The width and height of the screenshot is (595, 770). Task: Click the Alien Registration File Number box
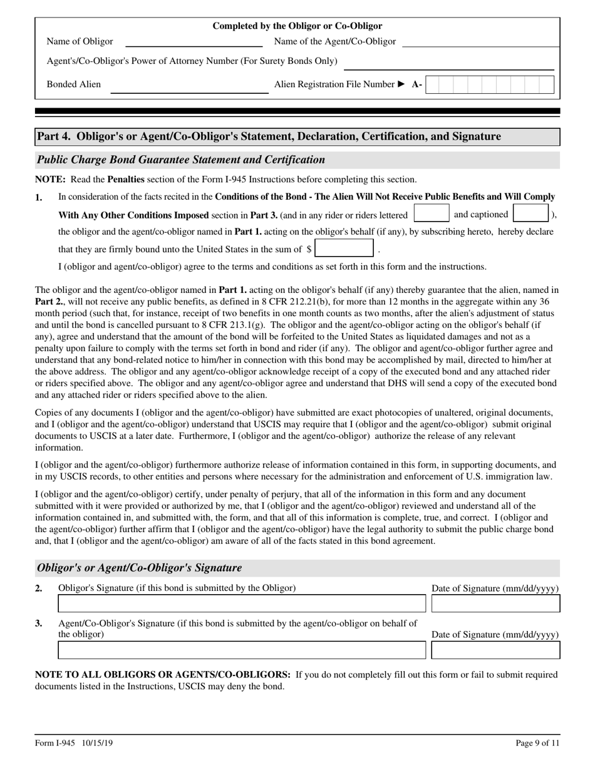(x=490, y=85)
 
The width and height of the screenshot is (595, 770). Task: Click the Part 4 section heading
(x=269, y=136)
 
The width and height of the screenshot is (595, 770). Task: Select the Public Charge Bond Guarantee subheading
(x=182, y=160)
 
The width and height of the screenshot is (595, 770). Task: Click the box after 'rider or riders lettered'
(x=432, y=213)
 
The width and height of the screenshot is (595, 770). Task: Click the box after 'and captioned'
(x=530, y=213)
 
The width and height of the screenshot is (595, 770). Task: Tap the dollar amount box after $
(x=344, y=249)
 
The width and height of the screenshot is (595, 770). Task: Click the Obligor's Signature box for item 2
(x=241, y=603)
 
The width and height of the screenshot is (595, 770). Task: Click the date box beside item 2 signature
(x=495, y=603)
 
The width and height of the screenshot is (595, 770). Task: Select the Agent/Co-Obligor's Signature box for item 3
(x=241, y=650)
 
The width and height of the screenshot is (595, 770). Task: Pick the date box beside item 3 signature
(x=495, y=650)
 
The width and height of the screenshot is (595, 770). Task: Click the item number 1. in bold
(x=39, y=198)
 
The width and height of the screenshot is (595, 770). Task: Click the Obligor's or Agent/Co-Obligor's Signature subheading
(x=140, y=568)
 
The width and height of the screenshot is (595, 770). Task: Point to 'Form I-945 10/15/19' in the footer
(x=74, y=743)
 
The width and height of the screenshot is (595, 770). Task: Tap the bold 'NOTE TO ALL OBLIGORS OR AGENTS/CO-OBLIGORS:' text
(x=163, y=675)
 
